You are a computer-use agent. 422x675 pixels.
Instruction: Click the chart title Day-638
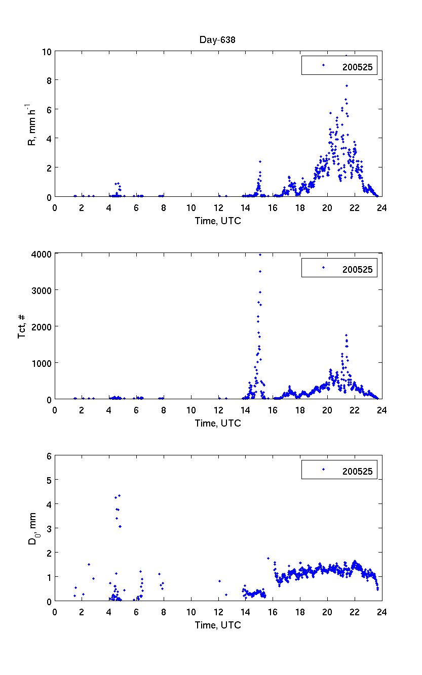(x=218, y=39)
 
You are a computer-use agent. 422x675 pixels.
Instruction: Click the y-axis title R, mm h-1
(x=32, y=124)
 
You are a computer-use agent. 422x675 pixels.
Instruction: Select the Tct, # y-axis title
(x=22, y=326)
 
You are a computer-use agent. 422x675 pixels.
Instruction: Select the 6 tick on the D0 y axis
(x=49, y=455)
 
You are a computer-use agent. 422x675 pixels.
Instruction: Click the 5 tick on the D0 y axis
(x=49, y=480)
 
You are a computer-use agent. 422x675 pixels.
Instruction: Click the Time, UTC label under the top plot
(x=218, y=221)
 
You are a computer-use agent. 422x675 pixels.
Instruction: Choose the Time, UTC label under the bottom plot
(x=218, y=625)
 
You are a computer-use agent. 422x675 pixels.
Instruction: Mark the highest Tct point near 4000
(x=260, y=255)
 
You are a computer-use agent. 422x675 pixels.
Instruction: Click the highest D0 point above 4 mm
(x=119, y=495)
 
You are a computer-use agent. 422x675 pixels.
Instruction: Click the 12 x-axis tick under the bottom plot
(x=218, y=612)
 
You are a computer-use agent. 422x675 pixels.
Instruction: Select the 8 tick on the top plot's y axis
(x=49, y=80)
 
